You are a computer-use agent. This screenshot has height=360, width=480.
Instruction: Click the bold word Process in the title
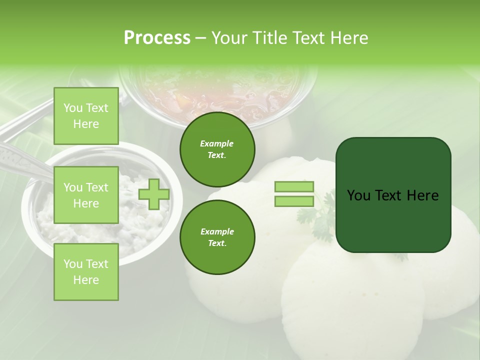[157, 38]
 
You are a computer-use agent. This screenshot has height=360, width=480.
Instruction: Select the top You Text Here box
[86, 116]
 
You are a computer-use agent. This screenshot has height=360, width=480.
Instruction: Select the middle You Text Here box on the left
[86, 195]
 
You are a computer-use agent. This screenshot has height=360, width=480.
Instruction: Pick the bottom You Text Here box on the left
[86, 271]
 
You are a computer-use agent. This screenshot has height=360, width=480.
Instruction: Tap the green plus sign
[154, 194]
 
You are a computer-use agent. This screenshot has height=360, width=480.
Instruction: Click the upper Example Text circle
[217, 149]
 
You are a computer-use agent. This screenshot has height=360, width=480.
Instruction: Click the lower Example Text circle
[217, 237]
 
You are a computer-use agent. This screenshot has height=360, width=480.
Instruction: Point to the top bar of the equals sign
[294, 186]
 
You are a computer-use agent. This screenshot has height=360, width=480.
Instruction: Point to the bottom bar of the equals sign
[294, 201]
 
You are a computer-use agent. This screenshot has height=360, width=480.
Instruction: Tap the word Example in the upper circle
[217, 143]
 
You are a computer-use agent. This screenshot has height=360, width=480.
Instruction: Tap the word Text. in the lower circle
[217, 243]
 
